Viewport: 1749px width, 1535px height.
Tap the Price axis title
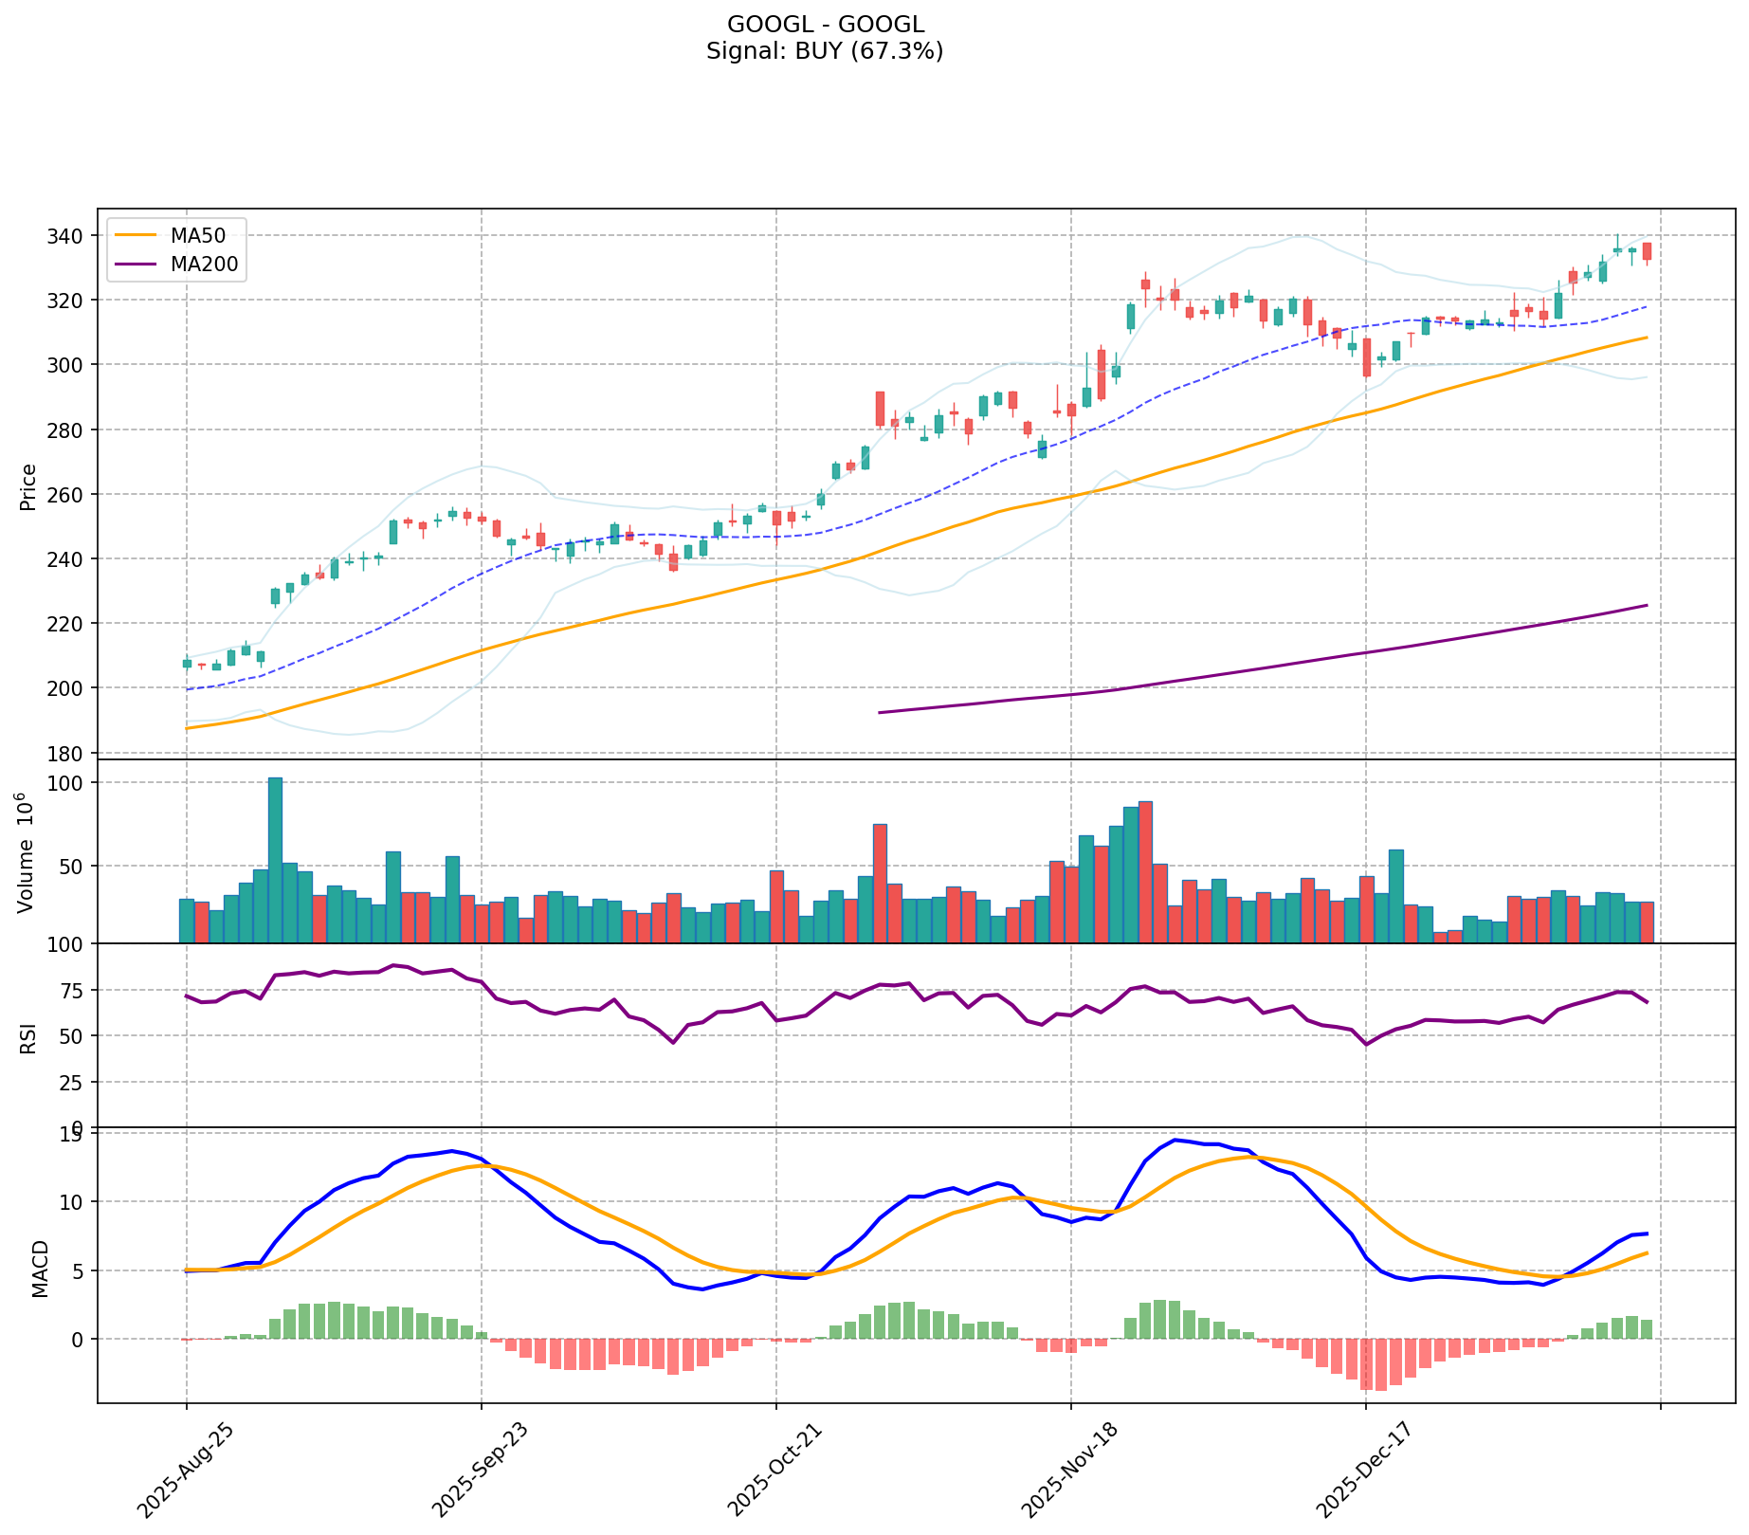[28, 487]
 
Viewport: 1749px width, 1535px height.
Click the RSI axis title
[28, 1037]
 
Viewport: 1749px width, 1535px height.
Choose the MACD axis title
[40, 1269]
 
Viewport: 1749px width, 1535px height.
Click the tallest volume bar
[275, 859]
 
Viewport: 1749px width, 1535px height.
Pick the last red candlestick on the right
[1648, 251]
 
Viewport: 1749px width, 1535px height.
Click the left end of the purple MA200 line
[881, 712]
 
